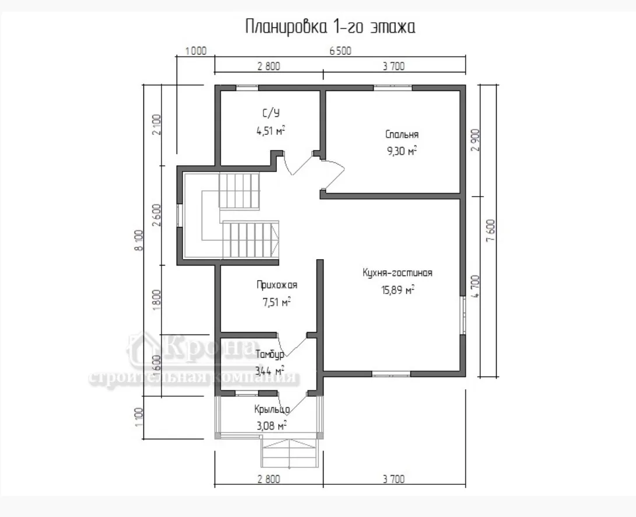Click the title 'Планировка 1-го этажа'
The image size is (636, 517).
330,27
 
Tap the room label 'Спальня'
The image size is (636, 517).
402,134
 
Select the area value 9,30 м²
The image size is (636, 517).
402,152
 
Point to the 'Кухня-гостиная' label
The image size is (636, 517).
398,273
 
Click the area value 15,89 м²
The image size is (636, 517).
398,290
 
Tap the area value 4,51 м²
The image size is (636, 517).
270,131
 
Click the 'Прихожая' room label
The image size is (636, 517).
277,285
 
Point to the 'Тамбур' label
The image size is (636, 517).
270,354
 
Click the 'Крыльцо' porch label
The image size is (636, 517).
272,409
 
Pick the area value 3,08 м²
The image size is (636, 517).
270,426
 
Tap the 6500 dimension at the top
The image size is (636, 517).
340,51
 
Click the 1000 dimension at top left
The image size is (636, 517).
195,51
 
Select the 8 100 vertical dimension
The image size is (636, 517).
139,240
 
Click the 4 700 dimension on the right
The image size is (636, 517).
475,287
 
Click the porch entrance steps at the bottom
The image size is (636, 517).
290,453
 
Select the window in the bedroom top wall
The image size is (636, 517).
393,87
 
